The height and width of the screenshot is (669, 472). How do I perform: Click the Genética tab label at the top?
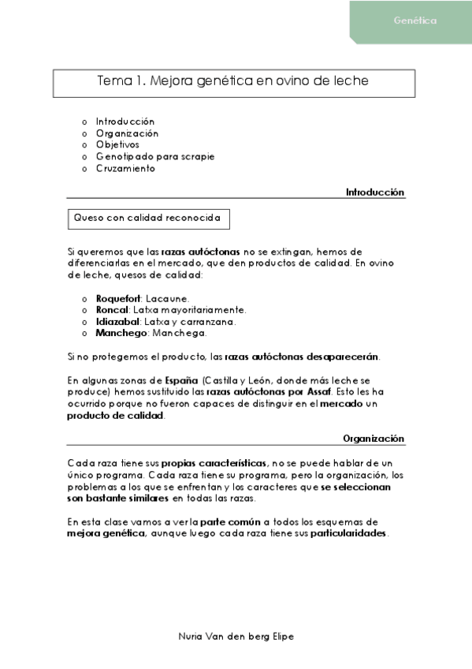pos(414,21)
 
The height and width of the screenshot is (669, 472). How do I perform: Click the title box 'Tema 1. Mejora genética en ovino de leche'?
pos(232,81)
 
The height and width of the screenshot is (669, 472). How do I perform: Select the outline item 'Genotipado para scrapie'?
pos(155,156)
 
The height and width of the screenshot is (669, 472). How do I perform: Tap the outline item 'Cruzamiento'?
pos(125,168)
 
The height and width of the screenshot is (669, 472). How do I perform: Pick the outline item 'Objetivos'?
pos(117,145)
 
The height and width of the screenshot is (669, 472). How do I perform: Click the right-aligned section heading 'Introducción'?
pos(374,192)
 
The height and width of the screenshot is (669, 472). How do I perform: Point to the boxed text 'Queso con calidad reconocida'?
pos(147,217)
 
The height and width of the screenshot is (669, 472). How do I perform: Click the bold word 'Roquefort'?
pos(118,298)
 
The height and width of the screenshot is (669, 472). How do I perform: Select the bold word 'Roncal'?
pos(111,310)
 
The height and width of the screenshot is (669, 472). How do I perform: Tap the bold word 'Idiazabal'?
pos(118,321)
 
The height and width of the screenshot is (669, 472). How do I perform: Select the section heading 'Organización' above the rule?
pos(374,438)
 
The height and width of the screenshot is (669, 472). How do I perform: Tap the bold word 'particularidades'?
pos(348,533)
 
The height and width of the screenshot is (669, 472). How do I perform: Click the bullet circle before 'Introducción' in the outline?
pos(85,122)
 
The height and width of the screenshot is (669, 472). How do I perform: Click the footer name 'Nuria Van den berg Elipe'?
pos(236,636)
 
